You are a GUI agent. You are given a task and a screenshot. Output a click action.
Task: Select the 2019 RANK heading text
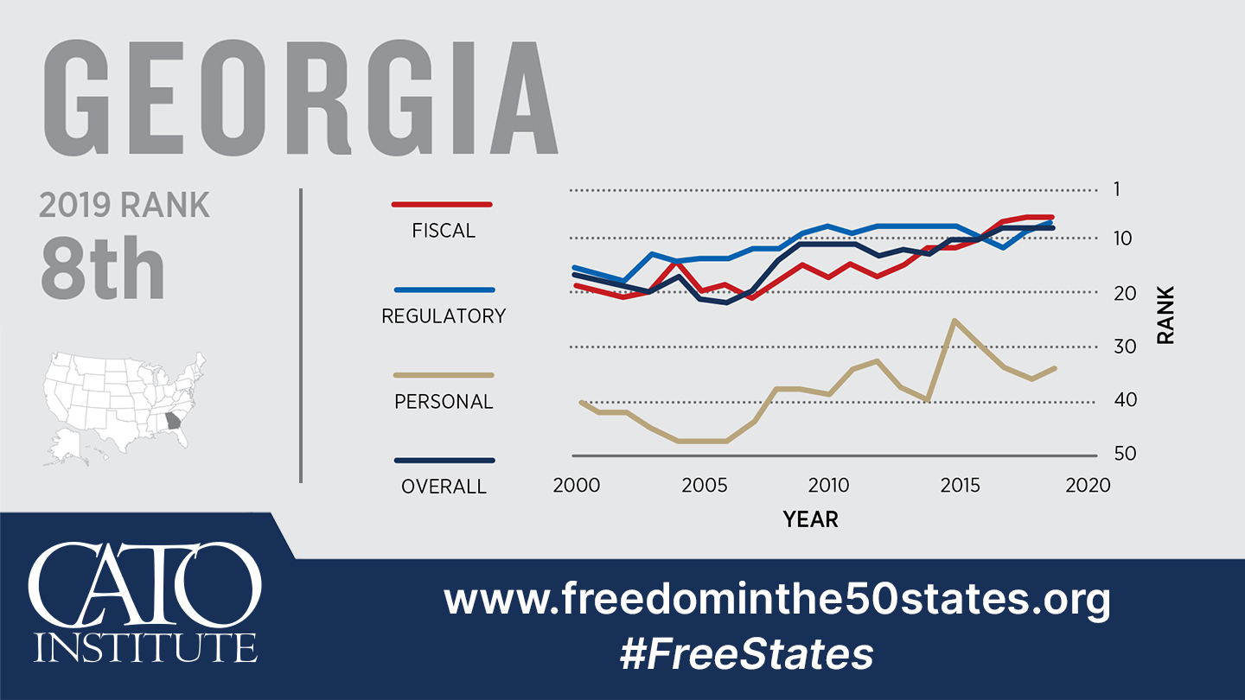tap(124, 206)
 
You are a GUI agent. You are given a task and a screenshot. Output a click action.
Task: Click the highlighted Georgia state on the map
tap(175, 423)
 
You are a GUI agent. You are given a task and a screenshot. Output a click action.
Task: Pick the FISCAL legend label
tap(444, 231)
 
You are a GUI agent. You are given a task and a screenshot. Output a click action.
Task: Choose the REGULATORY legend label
tap(444, 316)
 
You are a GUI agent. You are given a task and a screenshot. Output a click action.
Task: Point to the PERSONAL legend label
tap(444, 402)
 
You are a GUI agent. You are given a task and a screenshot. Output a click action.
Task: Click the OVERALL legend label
tap(444, 487)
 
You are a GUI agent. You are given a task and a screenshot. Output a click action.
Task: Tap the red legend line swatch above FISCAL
tap(442, 205)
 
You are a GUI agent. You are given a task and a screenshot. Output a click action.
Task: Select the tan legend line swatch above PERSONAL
tap(444, 375)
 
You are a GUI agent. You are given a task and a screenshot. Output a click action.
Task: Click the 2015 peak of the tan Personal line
tap(954, 321)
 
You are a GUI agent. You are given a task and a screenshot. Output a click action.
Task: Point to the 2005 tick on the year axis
tap(703, 485)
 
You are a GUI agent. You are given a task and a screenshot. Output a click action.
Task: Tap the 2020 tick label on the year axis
tap(1088, 485)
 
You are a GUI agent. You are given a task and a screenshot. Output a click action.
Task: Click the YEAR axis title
tap(810, 519)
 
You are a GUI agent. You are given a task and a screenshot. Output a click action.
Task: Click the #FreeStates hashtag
tap(745, 654)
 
